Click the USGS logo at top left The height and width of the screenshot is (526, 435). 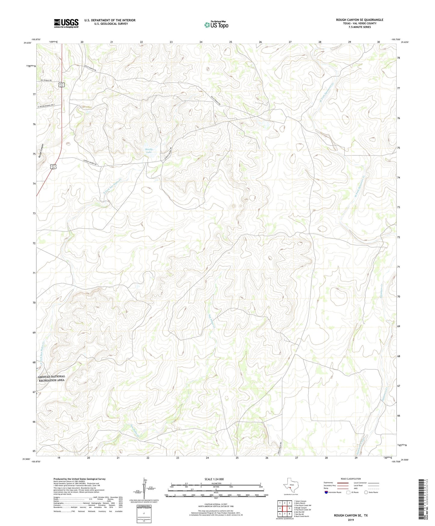tap(66, 23)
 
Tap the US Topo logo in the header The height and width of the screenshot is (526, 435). tap(216, 25)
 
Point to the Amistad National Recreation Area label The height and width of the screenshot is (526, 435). tap(51, 378)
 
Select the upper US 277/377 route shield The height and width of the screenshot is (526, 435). tap(61, 85)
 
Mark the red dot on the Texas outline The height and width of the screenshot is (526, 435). tap(290, 492)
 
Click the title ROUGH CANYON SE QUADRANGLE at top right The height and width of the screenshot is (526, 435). tap(359, 20)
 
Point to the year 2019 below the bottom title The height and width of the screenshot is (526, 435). tap(351, 520)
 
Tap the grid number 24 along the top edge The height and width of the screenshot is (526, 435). tap(201, 42)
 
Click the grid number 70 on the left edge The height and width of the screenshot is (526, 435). tap(34, 302)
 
